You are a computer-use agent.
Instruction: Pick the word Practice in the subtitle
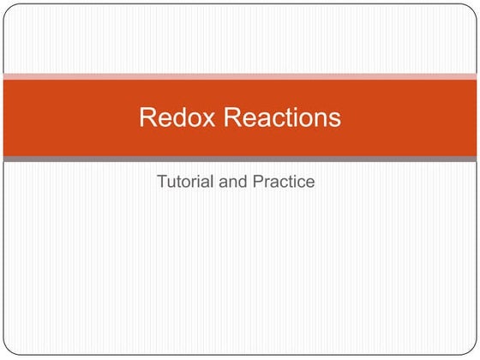click(284, 182)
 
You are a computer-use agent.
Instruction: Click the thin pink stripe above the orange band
click(240, 76)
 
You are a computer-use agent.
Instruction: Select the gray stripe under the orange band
click(240, 159)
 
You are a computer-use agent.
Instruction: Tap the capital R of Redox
click(147, 118)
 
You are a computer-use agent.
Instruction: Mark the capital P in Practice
click(259, 182)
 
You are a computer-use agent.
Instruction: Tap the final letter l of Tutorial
click(214, 182)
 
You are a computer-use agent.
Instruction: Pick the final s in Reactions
click(334, 118)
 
